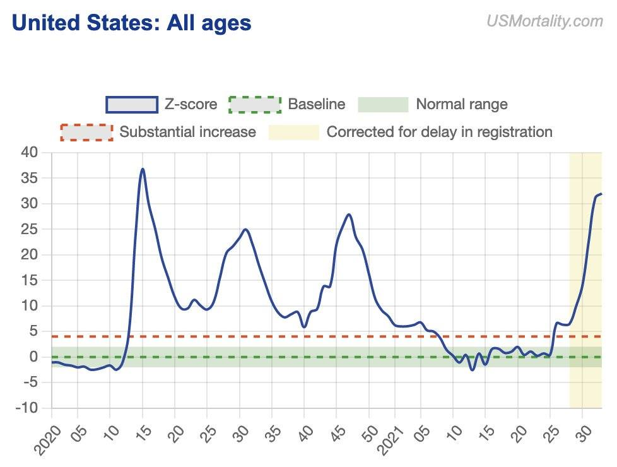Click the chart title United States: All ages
(x=131, y=23)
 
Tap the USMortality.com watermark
(x=544, y=21)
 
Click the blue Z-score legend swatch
(x=131, y=104)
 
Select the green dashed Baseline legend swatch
(x=254, y=104)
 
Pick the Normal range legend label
(x=461, y=104)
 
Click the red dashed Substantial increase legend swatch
(x=86, y=132)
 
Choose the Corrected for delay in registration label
(x=439, y=132)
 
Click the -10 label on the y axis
(x=27, y=408)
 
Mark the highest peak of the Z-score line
(x=143, y=169)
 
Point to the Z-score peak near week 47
(x=349, y=215)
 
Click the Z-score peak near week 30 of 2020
(x=245, y=229)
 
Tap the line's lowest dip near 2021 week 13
(x=472, y=370)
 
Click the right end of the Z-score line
(x=601, y=194)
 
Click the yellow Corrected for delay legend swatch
(x=294, y=132)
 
